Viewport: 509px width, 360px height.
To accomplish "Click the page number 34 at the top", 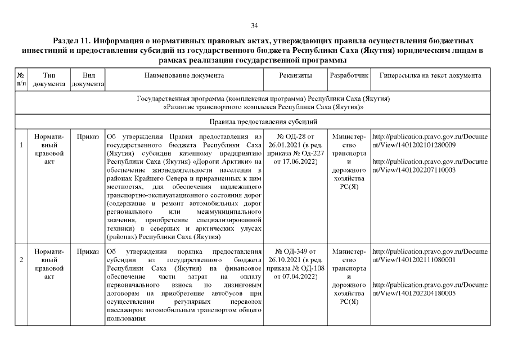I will click(254, 25).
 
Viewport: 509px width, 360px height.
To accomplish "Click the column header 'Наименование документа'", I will click(184, 75).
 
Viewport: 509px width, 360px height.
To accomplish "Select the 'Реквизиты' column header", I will click(295, 75).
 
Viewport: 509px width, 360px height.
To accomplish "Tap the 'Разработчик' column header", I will click(349, 75).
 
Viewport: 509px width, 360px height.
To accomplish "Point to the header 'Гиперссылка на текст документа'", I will click(430, 75).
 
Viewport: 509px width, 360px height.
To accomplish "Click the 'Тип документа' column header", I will click(49, 79).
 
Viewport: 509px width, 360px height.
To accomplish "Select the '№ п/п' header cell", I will click(21, 79).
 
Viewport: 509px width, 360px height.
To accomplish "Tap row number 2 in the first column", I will click(21, 259).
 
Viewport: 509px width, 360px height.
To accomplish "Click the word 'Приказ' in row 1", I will click(88, 137).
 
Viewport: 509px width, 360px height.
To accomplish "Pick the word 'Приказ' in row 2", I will click(88, 251).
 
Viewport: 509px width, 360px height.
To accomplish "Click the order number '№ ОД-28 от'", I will click(295, 137).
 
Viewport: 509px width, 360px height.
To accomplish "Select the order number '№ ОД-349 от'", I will click(295, 251).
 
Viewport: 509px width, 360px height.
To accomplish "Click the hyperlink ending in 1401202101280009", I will click(430, 141).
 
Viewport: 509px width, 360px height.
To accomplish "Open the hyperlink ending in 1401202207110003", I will click(430, 165).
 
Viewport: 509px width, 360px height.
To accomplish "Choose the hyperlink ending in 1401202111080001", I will click(430, 255).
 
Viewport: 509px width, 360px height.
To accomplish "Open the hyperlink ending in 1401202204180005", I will click(430, 289).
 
